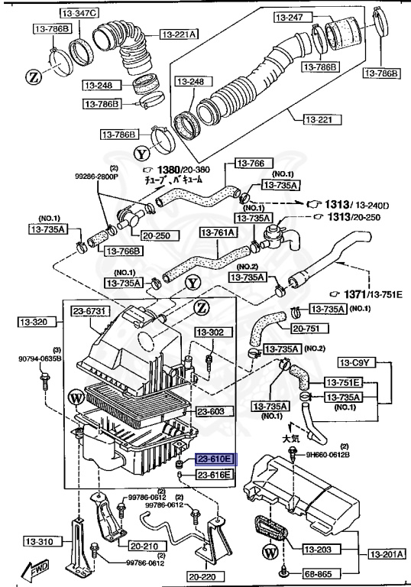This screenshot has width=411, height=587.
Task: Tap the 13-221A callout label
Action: pyautogui.click(x=179, y=34)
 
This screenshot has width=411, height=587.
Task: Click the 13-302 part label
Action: pyautogui.click(x=211, y=332)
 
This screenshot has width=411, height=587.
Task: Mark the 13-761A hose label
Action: pyautogui.click(x=218, y=231)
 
